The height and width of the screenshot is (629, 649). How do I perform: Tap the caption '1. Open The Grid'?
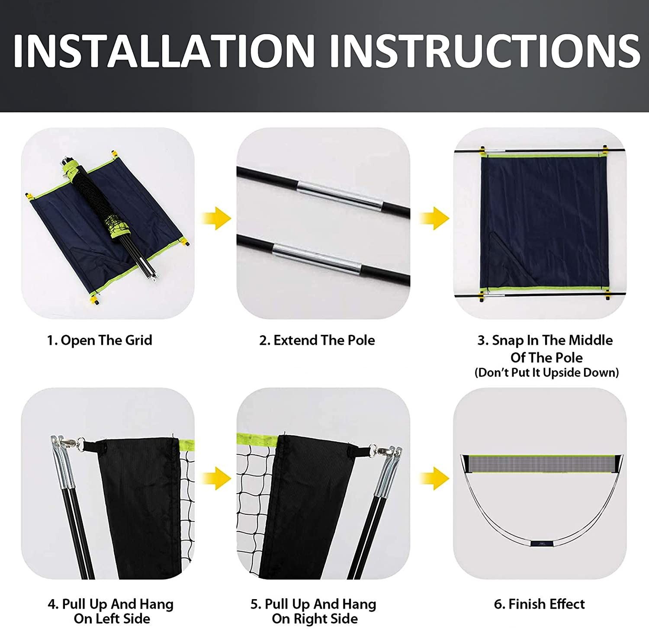coord(100,340)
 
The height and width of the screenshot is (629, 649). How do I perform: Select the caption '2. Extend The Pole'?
coord(317,340)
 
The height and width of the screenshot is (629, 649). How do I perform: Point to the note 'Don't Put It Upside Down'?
coord(546,372)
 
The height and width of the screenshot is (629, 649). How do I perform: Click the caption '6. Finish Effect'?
coord(539,603)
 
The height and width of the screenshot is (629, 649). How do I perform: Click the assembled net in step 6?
coord(541,463)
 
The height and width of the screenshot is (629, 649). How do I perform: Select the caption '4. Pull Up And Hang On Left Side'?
coord(111,611)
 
